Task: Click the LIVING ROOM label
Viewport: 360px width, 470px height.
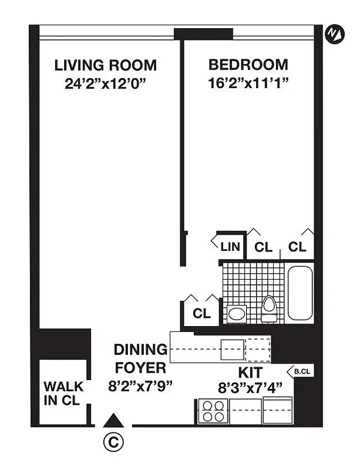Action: point(105,65)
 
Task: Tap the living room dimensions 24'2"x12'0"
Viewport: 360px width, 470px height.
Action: point(105,83)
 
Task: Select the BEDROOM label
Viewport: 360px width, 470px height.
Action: point(248,65)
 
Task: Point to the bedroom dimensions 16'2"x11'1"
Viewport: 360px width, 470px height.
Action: point(248,83)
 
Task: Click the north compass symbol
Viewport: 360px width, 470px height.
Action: point(334,33)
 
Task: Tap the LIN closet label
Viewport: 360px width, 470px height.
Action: point(230,247)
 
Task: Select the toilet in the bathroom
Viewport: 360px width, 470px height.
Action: point(269,309)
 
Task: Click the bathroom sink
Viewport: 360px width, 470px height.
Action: point(237,313)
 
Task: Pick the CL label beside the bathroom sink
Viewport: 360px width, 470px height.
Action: point(201,314)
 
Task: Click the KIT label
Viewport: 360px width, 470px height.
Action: point(250,372)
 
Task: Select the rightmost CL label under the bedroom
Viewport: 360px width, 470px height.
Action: point(298,247)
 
